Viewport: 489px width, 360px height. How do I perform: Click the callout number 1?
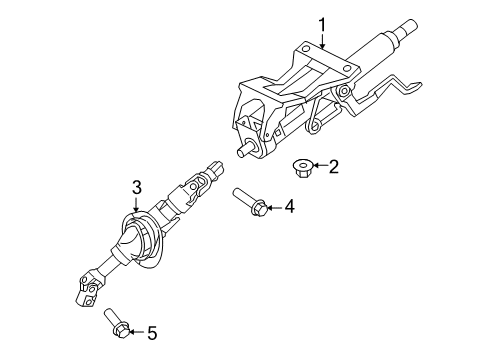(x=322, y=26)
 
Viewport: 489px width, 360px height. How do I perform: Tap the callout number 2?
(x=333, y=166)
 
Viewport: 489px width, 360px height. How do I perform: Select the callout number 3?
(x=137, y=188)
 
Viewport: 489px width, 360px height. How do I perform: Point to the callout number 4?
(x=290, y=206)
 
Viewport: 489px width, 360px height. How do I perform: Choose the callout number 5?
(x=152, y=333)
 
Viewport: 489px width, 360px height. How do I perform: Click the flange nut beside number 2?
(x=302, y=168)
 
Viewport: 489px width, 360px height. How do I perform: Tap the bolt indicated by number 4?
(x=250, y=202)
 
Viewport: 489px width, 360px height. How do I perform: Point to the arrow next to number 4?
(x=274, y=208)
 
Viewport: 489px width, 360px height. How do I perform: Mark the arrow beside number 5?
(x=137, y=332)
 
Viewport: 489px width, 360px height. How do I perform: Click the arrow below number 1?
(x=322, y=42)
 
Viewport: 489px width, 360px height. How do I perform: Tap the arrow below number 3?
(x=136, y=204)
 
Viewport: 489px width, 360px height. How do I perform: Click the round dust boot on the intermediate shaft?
(x=143, y=239)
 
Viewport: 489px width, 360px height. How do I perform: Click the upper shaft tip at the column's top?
(x=409, y=26)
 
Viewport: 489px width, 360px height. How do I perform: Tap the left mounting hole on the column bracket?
(x=305, y=49)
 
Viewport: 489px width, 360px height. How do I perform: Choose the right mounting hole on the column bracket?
(x=347, y=69)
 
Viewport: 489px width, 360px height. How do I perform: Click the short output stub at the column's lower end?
(x=245, y=149)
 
